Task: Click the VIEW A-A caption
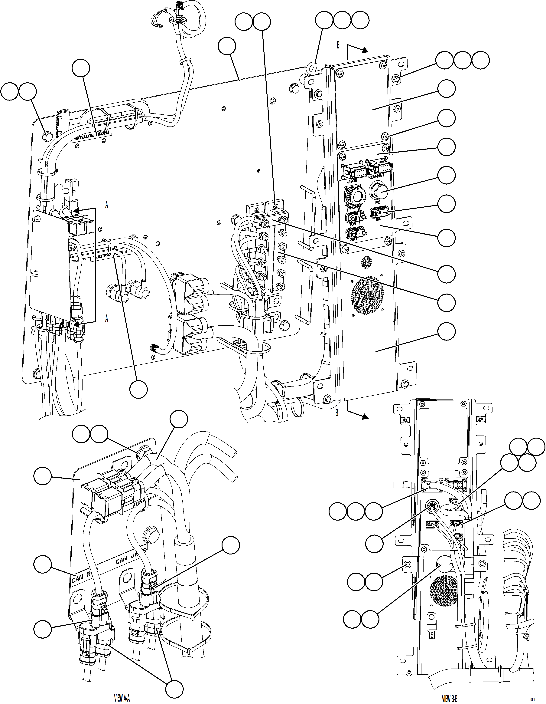(122, 698)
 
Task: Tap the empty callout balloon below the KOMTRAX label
(138, 389)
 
